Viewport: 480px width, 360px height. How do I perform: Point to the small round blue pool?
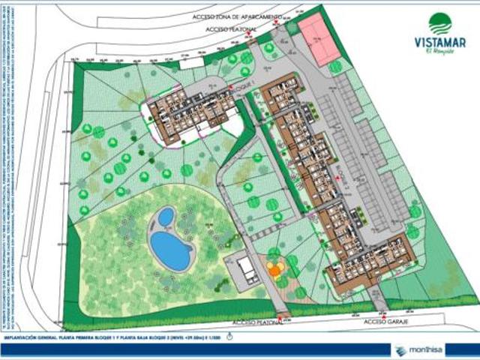pyautogui.click(x=165, y=218)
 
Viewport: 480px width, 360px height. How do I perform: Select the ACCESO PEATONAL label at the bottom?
pyautogui.click(x=256, y=321)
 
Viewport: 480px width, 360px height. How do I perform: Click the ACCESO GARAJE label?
pyautogui.click(x=385, y=321)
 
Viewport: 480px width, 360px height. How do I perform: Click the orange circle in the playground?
pyautogui.click(x=275, y=265)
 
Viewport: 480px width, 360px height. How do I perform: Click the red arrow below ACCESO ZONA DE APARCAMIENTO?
pyautogui.click(x=277, y=23)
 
